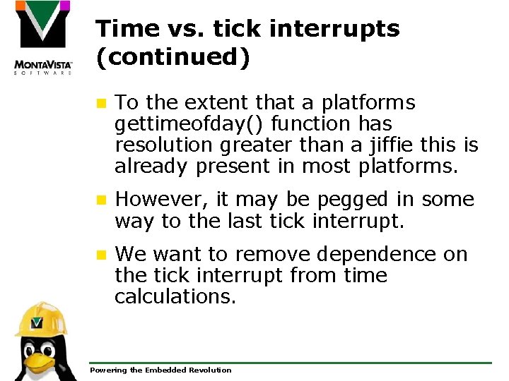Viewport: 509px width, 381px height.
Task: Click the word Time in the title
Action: (122, 29)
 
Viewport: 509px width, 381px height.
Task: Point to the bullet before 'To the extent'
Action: (101, 104)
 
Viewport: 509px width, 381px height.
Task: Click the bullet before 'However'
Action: (101, 200)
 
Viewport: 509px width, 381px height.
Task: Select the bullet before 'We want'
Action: (101, 255)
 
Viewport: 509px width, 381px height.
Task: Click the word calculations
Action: (175, 297)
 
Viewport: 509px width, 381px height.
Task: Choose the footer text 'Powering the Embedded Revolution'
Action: (160, 370)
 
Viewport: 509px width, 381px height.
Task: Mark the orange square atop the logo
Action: (21, 6)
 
